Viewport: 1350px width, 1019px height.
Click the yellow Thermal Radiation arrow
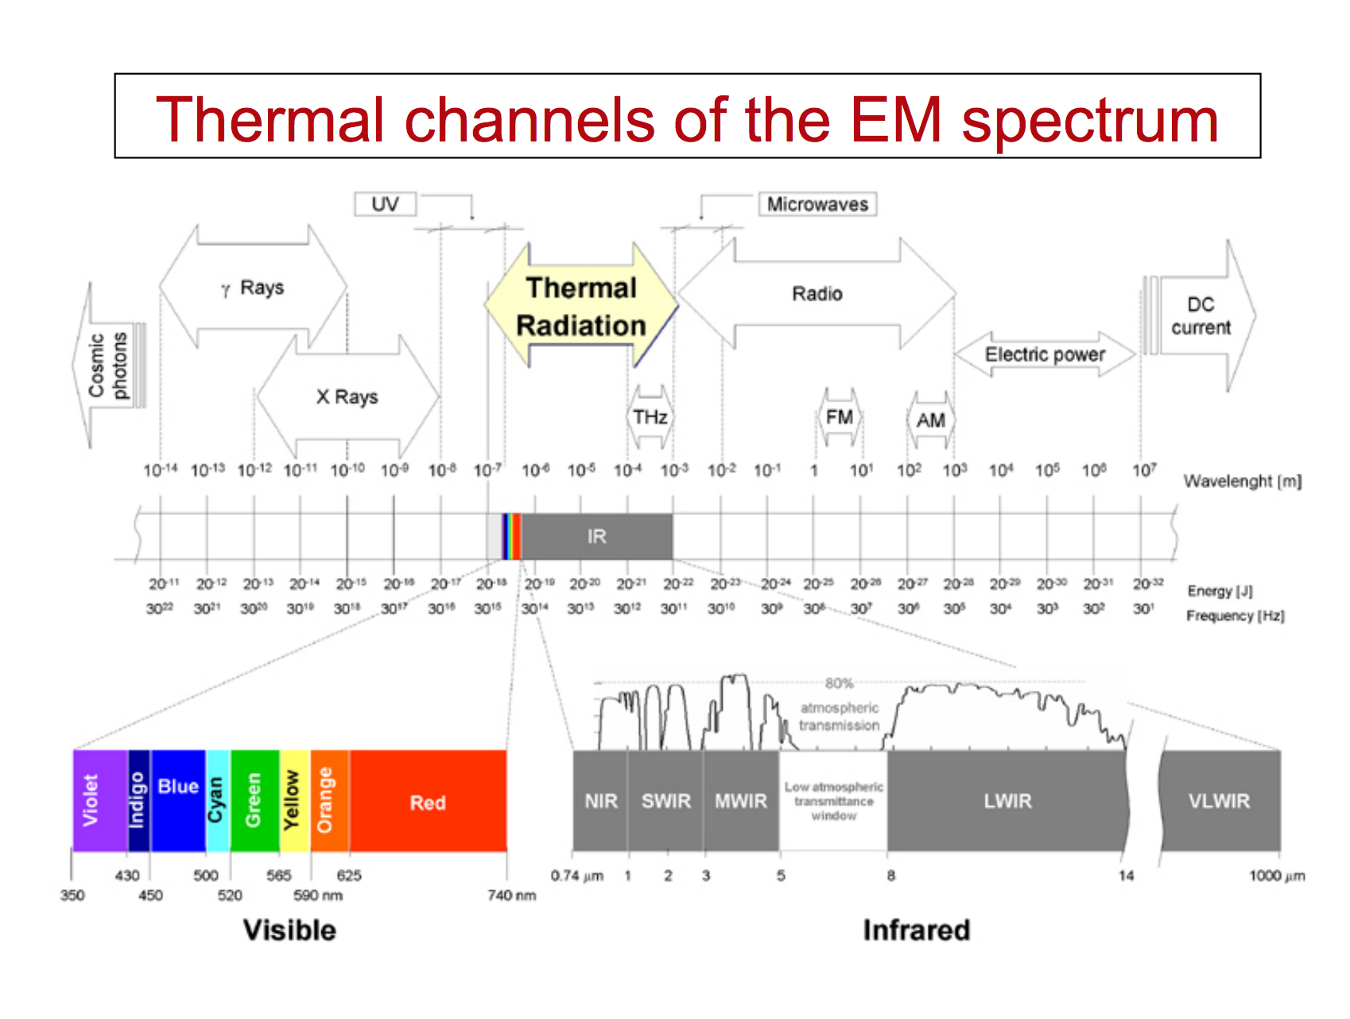coord(581,307)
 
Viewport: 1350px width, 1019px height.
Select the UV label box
coord(385,204)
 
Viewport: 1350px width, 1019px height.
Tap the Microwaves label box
coord(817,204)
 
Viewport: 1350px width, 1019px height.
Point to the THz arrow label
coord(650,417)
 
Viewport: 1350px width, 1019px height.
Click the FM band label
coord(839,417)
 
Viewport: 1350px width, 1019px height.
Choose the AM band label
coord(930,420)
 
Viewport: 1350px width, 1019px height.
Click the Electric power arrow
coord(1045,355)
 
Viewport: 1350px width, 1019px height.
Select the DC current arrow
coord(1201,316)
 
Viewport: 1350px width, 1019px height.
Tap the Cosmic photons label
coord(108,365)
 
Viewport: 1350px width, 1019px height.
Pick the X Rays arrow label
coord(347,397)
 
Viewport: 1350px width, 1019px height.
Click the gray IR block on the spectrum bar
coord(596,537)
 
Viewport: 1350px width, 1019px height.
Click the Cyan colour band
coord(217,800)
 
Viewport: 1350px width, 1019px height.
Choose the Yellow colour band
coord(294,800)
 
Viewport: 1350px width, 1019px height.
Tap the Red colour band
coord(428,802)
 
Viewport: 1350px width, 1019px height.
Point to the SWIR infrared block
coord(665,800)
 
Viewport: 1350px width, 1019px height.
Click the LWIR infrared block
coord(1007,800)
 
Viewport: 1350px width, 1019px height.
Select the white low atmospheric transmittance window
coord(833,800)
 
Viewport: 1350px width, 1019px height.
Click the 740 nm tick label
coord(511,896)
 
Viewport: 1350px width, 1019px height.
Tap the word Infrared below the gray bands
coord(916,930)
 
